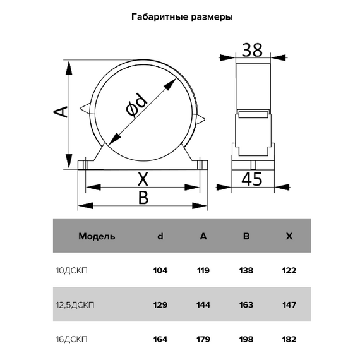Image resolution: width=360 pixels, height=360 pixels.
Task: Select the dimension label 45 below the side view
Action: click(x=252, y=180)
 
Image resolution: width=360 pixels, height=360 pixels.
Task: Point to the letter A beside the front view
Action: click(x=59, y=112)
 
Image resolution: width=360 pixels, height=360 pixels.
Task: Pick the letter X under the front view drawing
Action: click(x=143, y=179)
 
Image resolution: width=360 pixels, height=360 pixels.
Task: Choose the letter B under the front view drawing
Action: click(x=143, y=198)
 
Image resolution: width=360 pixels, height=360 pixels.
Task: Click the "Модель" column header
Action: click(x=97, y=237)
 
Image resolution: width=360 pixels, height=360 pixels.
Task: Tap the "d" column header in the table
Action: click(x=160, y=237)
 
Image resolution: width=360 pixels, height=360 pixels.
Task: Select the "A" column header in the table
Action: click(x=203, y=237)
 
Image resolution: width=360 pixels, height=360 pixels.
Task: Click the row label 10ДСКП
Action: click(x=73, y=271)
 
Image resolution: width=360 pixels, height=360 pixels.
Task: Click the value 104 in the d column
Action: click(x=160, y=271)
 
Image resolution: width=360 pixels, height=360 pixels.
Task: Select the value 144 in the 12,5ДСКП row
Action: click(x=203, y=305)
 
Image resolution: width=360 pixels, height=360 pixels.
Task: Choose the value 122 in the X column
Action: click(x=289, y=271)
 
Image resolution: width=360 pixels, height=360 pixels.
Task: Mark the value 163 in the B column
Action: click(x=246, y=305)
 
